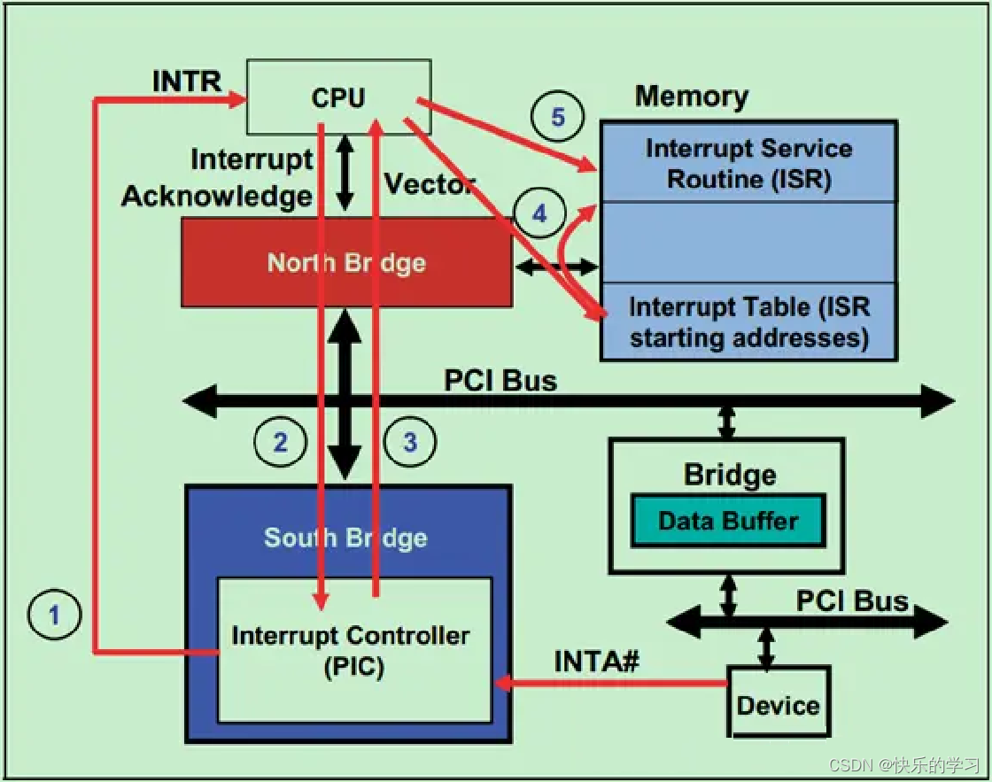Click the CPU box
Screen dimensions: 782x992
tap(338, 97)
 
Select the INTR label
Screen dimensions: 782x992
tap(187, 81)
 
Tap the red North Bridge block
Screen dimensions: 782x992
tap(345, 263)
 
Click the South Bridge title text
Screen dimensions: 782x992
tap(345, 538)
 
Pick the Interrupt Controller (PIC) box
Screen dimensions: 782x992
tap(353, 651)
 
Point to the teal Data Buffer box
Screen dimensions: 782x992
tap(728, 521)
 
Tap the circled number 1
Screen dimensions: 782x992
tap(54, 614)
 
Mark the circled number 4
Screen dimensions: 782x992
tap(539, 213)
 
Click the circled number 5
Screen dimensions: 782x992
tap(558, 117)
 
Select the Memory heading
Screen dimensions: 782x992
tap(692, 96)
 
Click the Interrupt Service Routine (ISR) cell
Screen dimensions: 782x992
tap(748, 163)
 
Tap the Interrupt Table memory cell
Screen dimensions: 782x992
tap(748, 321)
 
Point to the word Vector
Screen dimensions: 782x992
tap(429, 184)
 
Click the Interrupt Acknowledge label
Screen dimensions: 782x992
tap(218, 178)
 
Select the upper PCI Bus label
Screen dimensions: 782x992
tap(500, 380)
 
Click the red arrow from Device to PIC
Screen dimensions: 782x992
tap(611, 683)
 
